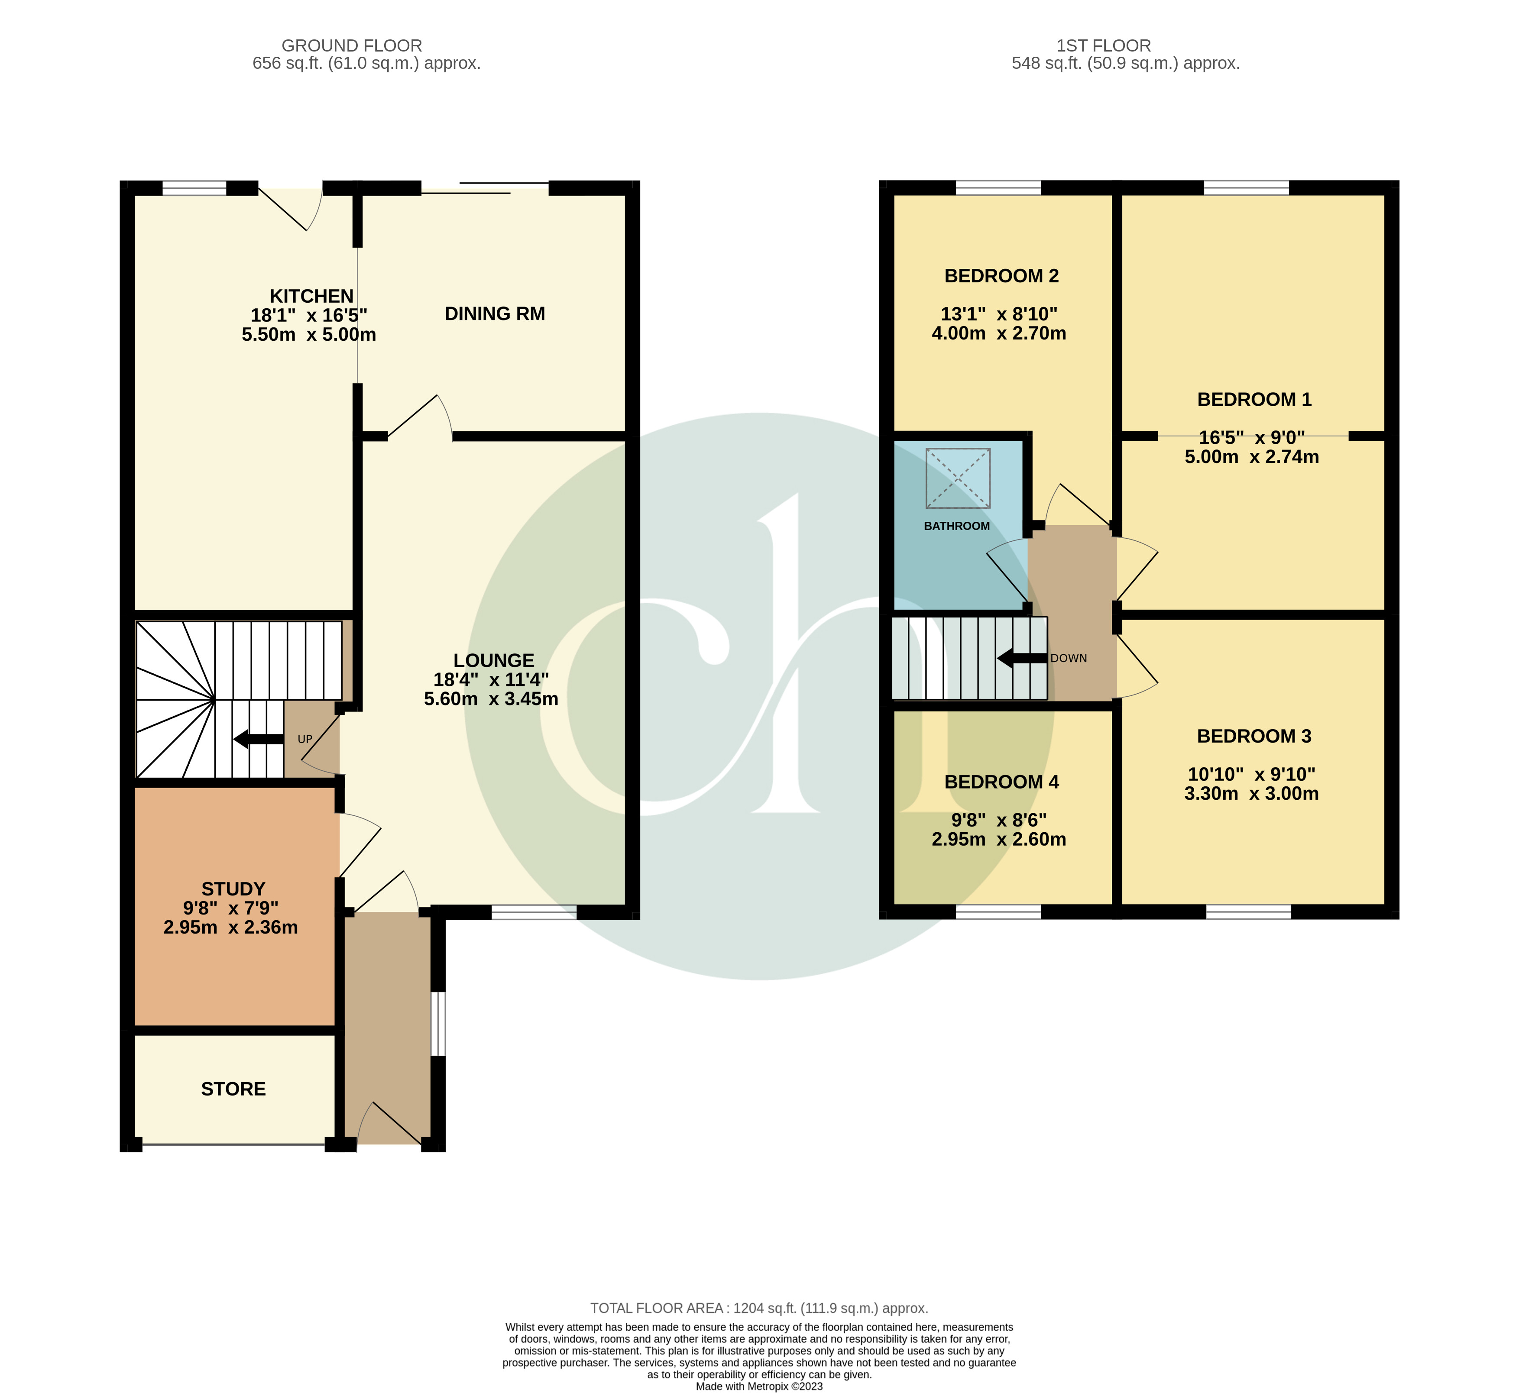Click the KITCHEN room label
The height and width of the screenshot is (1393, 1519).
311,296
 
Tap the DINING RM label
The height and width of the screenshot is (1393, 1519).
495,314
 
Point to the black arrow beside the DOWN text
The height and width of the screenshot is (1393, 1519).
1021,658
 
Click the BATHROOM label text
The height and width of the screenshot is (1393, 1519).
957,526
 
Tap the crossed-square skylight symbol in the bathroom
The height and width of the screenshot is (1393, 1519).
957,478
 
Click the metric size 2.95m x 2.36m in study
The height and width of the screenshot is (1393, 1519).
231,927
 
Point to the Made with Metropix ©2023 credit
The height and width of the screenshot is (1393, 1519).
759,1386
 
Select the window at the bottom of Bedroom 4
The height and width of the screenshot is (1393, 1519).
998,912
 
